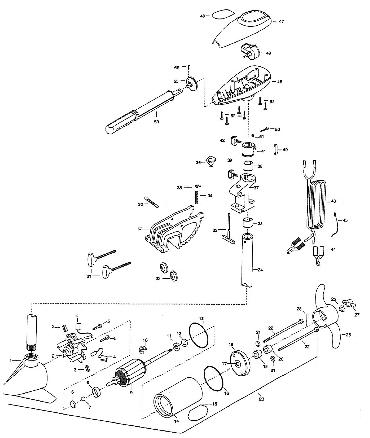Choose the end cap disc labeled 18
pyautogui.click(x=240, y=363)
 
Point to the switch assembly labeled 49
pyautogui.click(x=249, y=50)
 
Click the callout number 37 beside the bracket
pyautogui.click(x=256, y=188)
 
